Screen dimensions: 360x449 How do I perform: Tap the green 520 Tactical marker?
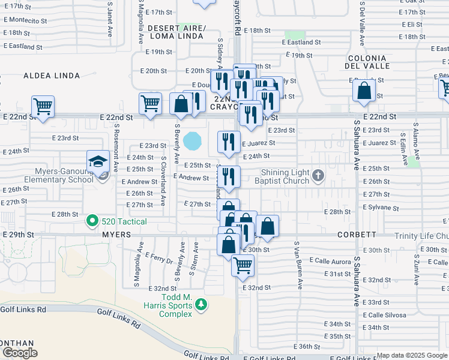click(92, 221)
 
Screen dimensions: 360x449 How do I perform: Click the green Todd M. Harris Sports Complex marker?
click(201, 305)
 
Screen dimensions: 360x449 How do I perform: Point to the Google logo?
click(20, 353)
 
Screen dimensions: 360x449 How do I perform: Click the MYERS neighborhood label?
click(116, 235)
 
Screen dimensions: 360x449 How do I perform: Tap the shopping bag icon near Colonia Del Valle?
click(364, 91)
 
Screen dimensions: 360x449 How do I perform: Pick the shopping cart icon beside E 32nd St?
click(243, 264)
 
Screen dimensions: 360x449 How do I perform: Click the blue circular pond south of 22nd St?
click(193, 142)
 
